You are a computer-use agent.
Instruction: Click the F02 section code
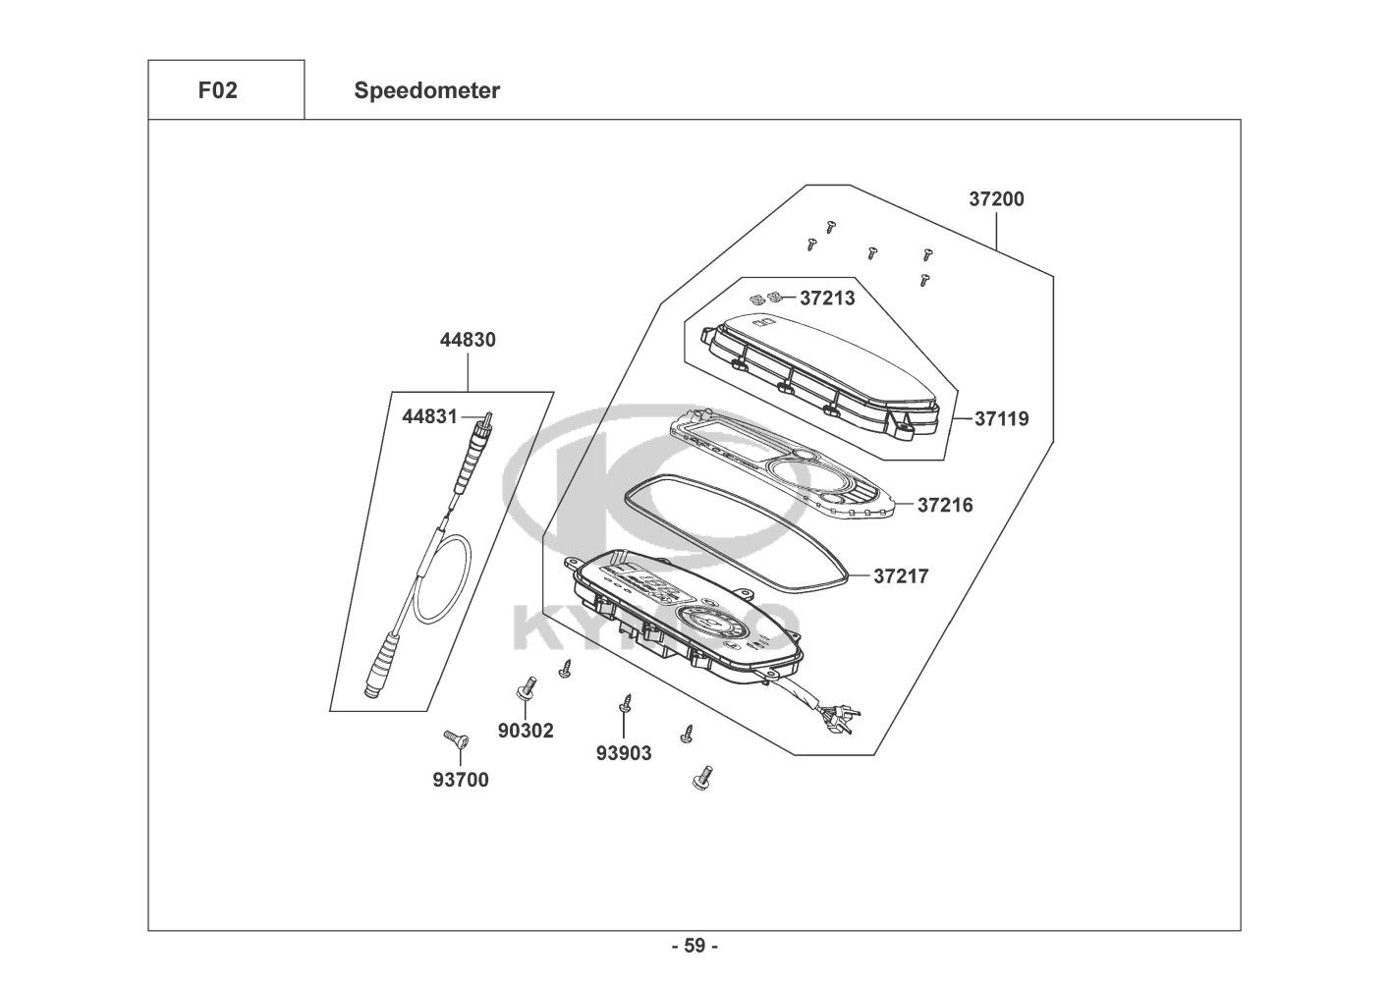point(217,90)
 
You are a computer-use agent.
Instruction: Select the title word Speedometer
point(427,90)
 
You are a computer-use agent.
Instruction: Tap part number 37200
point(997,199)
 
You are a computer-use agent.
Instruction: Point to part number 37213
point(827,299)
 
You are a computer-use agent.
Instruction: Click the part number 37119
point(1002,418)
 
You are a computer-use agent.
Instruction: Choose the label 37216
point(945,505)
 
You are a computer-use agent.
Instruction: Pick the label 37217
point(901,576)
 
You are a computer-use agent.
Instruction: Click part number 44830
point(468,340)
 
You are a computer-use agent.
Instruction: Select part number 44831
point(429,416)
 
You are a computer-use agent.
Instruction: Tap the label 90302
point(526,731)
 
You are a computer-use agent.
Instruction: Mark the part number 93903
point(624,753)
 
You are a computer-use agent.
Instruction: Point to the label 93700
point(461,780)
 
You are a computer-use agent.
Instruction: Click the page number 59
point(695,946)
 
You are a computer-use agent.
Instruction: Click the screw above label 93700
point(457,739)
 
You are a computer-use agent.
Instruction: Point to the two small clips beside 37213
point(765,299)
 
